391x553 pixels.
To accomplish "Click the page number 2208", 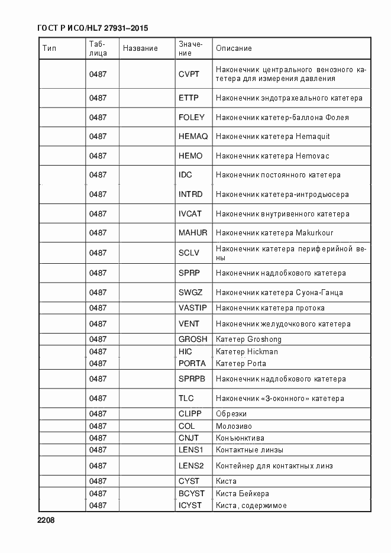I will click(46, 521).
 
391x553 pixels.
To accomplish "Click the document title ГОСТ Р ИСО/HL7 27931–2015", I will click(92, 28).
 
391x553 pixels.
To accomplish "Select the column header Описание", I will click(234, 48).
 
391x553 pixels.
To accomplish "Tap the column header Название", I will click(140, 48).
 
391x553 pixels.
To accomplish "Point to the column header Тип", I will click(49, 48).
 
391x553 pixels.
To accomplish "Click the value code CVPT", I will click(189, 75).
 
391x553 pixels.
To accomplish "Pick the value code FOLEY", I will click(191, 117).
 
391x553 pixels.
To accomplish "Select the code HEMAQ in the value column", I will click(193, 137).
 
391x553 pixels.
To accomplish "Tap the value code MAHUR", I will click(193, 233).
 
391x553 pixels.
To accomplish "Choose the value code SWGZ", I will click(190, 292).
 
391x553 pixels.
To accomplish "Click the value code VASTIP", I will click(192, 308).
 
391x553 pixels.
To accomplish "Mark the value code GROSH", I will click(193, 339).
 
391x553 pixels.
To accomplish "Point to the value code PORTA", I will click(192, 364).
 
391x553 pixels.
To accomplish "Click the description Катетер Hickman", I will click(247, 352).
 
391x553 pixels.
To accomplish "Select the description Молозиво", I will click(234, 426).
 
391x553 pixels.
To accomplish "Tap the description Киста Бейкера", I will click(243, 494).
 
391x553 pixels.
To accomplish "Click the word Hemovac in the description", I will click(312, 156).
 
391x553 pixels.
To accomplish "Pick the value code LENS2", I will click(191, 466).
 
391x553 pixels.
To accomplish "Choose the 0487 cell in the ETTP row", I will click(98, 98).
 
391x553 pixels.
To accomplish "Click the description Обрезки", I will click(231, 414).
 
